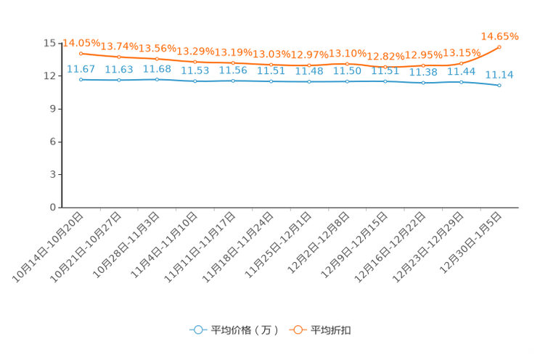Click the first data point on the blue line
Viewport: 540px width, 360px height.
tap(81, 78)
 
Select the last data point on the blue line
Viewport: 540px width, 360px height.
tap(499, 85)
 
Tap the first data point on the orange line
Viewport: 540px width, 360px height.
tap(81, 53)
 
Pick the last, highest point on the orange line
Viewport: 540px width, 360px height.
tap(499, 46)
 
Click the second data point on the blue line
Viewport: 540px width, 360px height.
tap(119, 79)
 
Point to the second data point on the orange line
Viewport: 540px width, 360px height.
tap(119, 57)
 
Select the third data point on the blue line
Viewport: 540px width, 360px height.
tap(157, 79)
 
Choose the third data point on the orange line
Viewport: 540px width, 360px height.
tap(157, 59)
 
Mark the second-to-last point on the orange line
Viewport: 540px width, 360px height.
tap(462, 63)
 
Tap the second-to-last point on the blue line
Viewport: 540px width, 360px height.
tap(462, 81)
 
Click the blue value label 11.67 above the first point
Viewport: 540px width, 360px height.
tap(80, 69)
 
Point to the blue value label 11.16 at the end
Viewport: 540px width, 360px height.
tap(499, 74)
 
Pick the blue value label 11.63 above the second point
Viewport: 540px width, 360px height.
tap(119, 70)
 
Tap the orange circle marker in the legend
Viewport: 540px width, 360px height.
tap(298, 330)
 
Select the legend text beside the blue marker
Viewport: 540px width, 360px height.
tap(245, 330)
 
